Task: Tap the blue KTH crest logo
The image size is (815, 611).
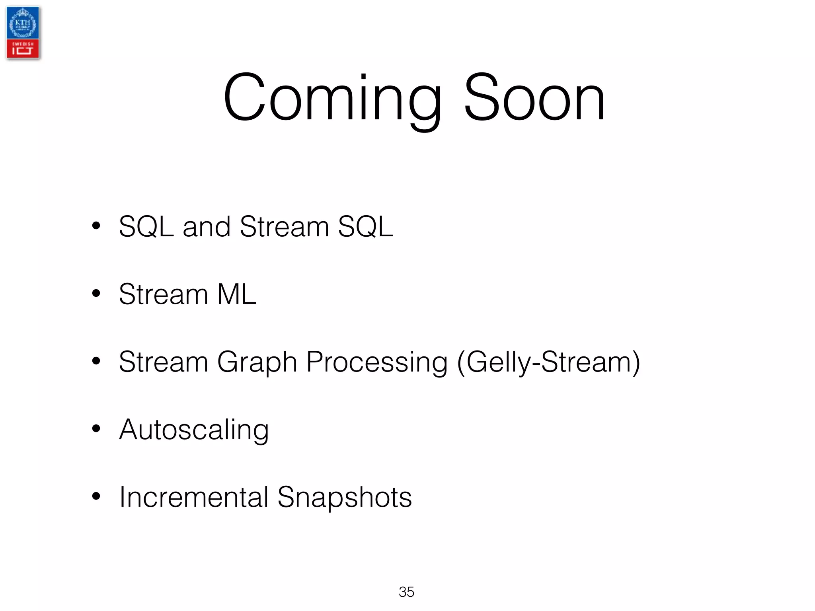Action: [x=23, y=23]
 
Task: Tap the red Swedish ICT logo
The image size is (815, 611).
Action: [x=23, y=49]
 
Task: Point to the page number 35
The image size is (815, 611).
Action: [x=406, y=592]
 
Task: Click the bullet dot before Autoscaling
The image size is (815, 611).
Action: [x=96, y=429]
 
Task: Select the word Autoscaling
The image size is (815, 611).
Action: [x=194, y=430]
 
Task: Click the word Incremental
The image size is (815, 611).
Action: [x=194, y=497]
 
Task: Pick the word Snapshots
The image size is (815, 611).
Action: [x=345, y=498]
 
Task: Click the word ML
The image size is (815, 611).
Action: [x=237, y=294]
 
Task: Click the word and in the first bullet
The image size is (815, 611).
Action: [x=207, y=227]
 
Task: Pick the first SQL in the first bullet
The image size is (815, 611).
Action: [x=146, y=227]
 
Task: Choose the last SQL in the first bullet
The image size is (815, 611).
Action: [x=365, y=227]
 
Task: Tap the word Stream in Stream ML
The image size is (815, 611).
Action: [x=164, y=294]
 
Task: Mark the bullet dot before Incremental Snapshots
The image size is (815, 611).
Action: [x=96, y=496]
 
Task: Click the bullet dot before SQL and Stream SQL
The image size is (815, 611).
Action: [x=96, y=226]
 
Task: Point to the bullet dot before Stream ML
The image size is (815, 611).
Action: [x=96, y=294]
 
